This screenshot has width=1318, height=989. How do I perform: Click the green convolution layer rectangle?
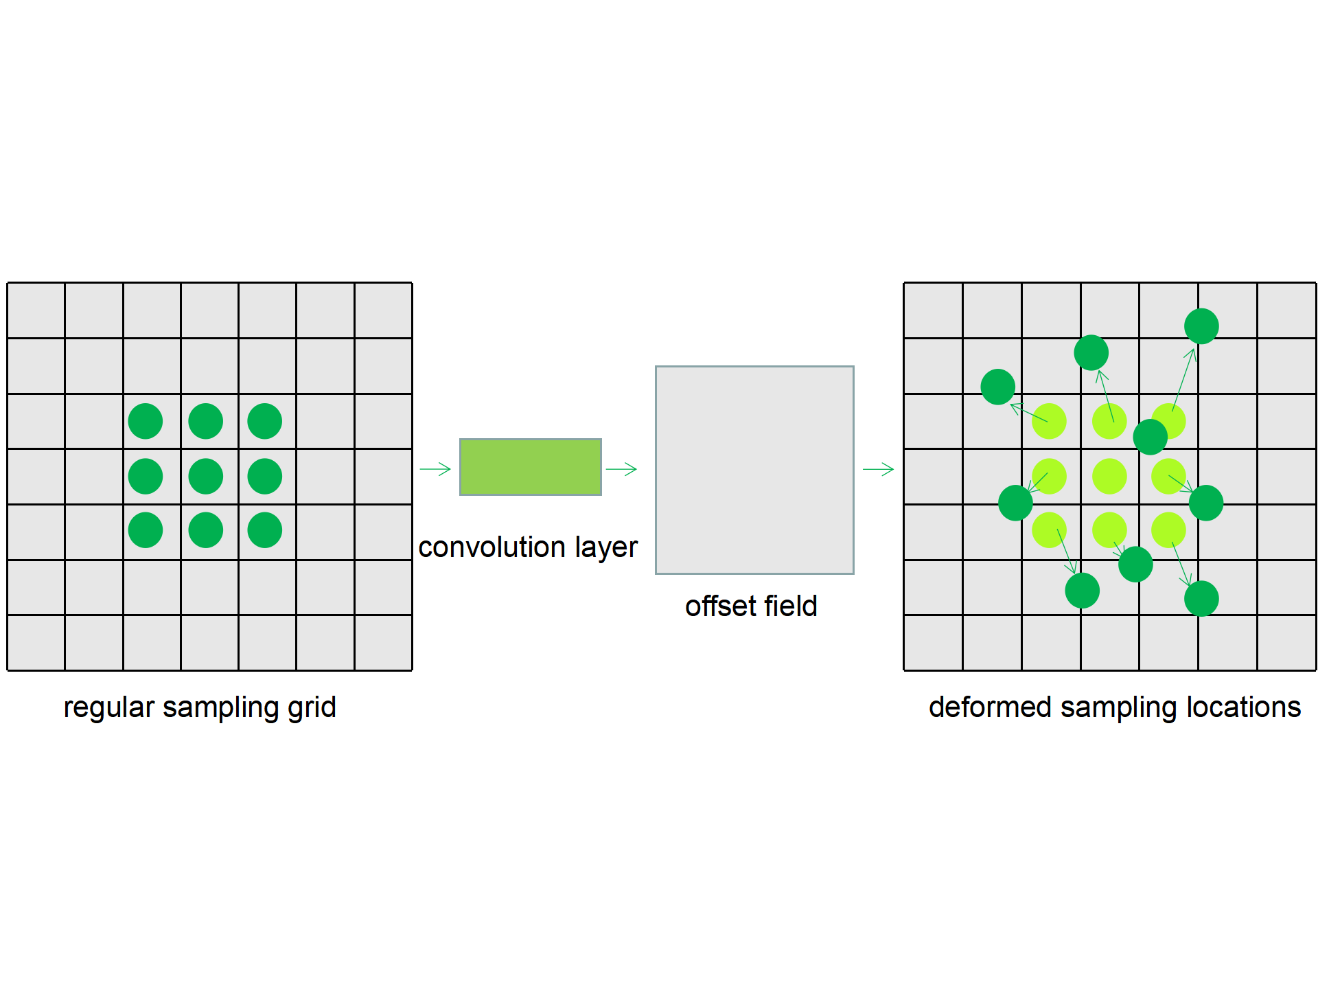point(530,467)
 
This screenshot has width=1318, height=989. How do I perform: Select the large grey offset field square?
point(754,470)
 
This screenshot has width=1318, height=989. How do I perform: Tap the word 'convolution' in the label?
point(492,547)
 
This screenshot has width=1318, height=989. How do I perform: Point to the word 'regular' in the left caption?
point(108,707)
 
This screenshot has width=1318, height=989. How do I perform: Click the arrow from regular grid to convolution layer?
point(435,470)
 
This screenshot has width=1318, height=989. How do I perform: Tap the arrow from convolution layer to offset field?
point(621,470)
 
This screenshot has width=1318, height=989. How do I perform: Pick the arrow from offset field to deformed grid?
point(878,470)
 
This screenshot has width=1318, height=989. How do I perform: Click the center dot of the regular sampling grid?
point(205,476)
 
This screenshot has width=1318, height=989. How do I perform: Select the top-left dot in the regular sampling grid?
point(146,421)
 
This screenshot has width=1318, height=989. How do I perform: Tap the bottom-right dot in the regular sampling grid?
point(265,530)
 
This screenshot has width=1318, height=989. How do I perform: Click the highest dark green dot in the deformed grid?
point(1201,326)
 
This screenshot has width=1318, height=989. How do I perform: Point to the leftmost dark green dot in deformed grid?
point(997,387)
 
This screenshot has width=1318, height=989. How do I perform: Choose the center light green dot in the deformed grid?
point(1109,476)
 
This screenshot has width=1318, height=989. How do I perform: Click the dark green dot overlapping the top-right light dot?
point(1151,437)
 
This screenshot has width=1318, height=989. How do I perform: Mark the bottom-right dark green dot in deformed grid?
point(1201,598)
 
